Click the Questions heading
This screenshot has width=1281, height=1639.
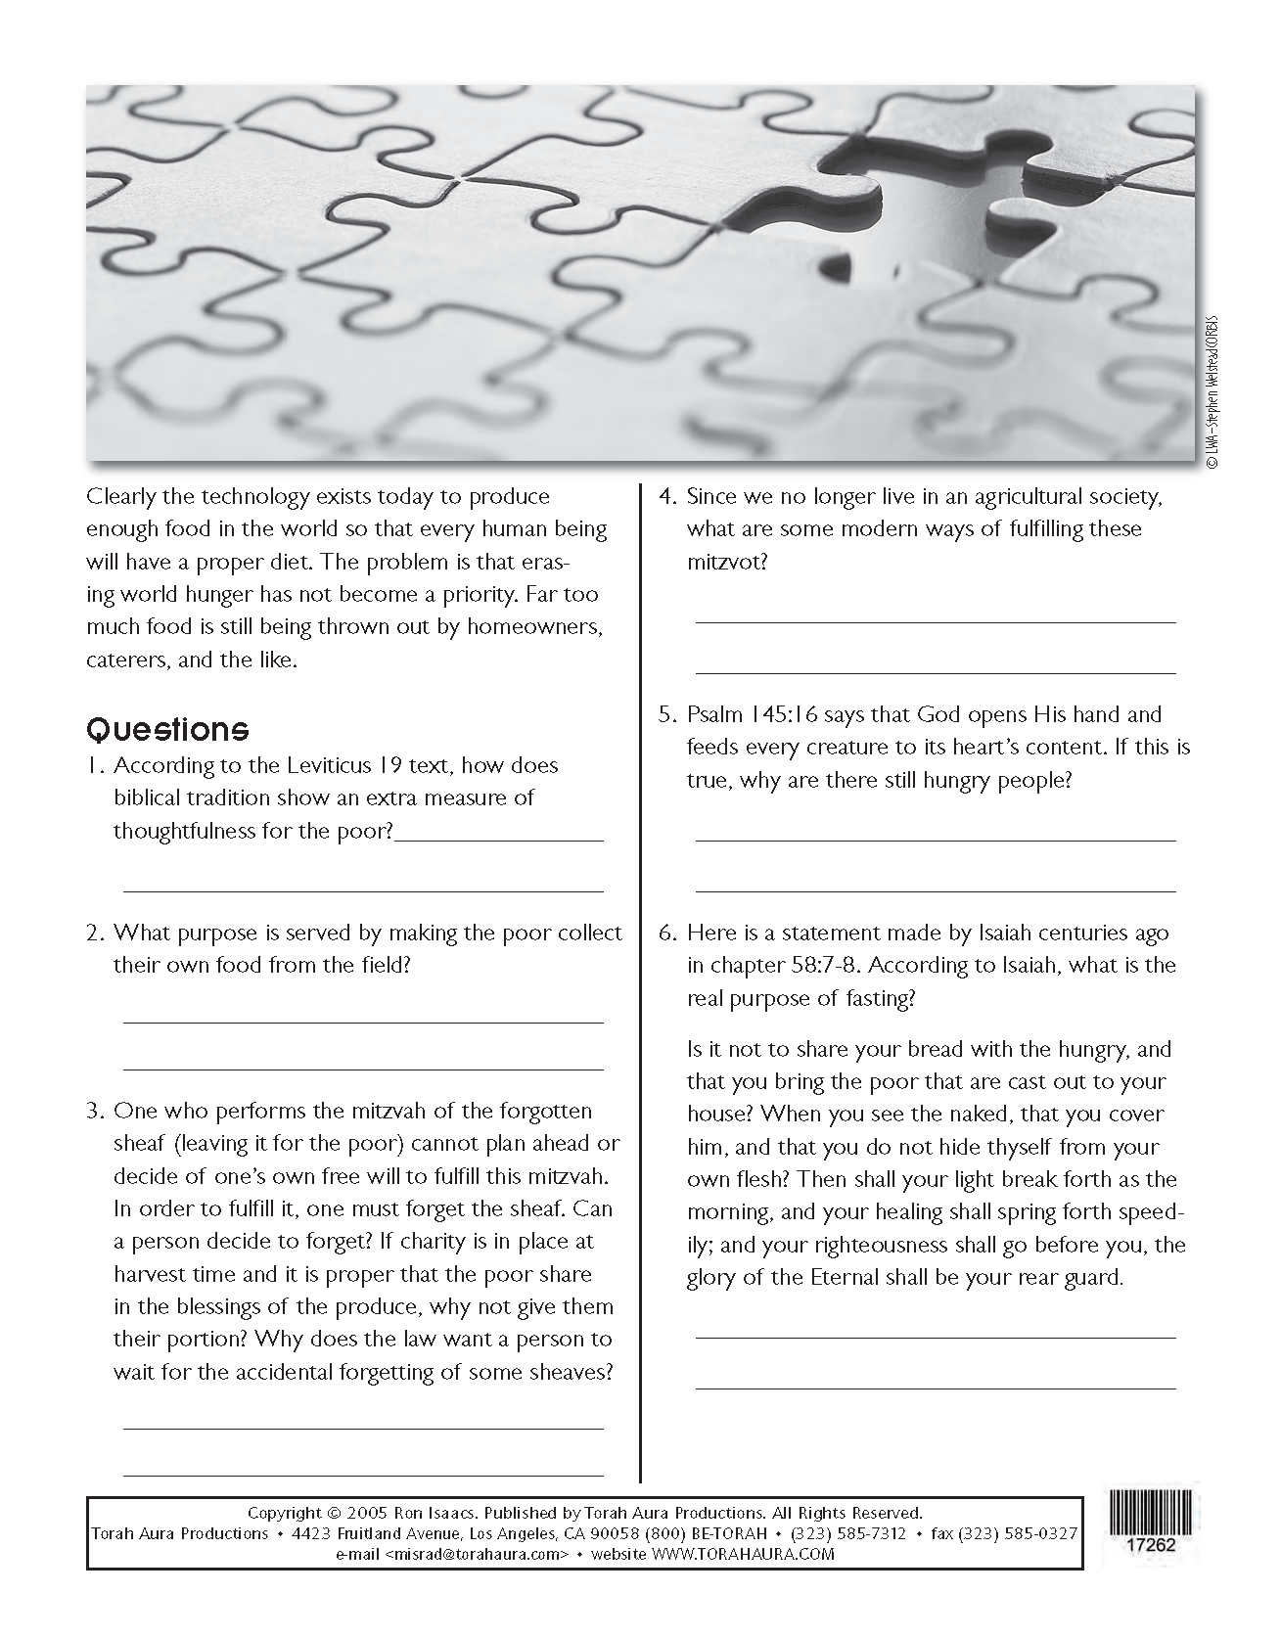pos(167,729)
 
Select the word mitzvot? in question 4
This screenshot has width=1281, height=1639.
pos(727,562)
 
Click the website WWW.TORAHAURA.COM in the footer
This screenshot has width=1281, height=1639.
pos(743,1554)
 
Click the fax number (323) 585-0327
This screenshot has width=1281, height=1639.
pos(1018,1533)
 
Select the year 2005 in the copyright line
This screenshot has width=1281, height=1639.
pos(364,1513)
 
